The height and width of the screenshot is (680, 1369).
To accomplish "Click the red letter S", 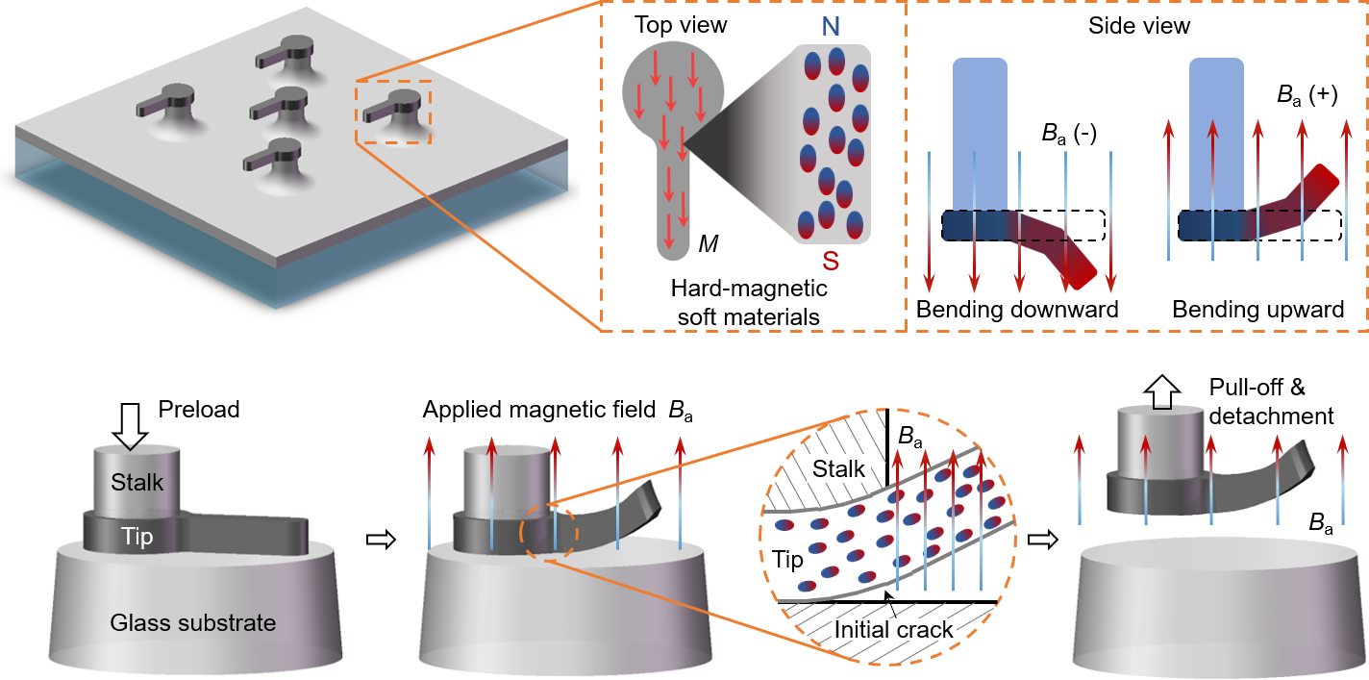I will coord(831,261).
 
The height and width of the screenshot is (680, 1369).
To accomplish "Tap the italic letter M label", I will coord(709,245).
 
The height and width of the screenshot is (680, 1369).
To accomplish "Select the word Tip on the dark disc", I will coord(137,536).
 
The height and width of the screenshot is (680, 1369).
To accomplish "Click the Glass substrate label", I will coord(193,622).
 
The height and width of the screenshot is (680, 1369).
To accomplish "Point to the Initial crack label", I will coord(894,630).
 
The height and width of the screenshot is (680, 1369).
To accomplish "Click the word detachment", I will coord(1271,416).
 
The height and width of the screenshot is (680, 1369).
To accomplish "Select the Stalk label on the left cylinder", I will coord(137,482).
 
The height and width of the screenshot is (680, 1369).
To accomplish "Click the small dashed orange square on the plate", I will coord(393,113).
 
